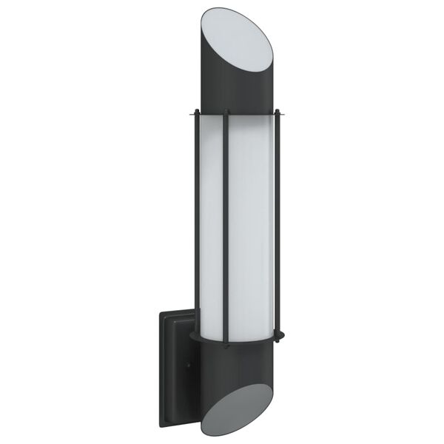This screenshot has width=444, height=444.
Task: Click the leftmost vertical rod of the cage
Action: pos(195,222)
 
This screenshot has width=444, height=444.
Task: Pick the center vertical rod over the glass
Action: pos(227,222)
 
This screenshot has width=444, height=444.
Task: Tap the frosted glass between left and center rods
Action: pos(211,222)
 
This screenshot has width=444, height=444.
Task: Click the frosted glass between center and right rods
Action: pos(252,222)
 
